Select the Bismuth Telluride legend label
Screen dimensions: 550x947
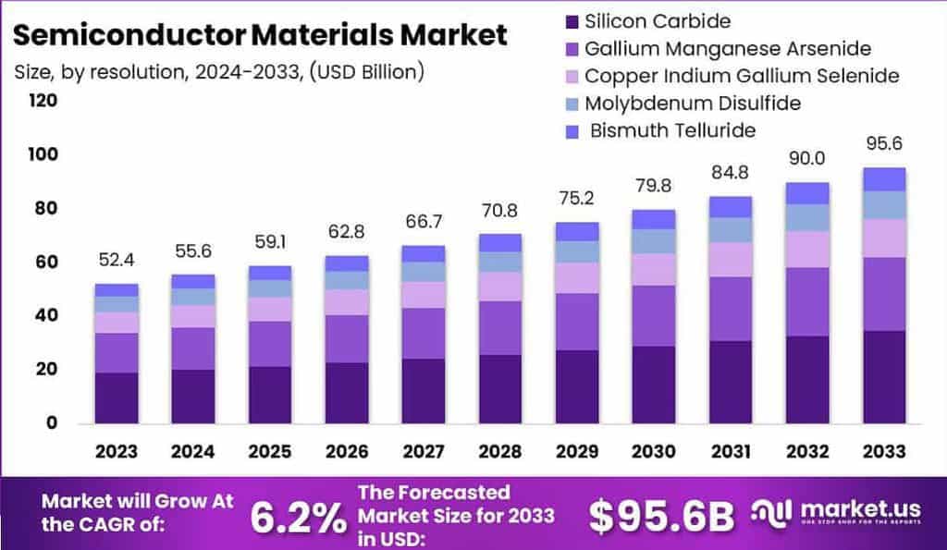(x=672, y=129)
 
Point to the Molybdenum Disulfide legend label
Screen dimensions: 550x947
(x=693, y=103)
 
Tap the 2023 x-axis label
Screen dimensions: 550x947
(x=116, y=451)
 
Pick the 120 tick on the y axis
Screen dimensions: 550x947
(x=43, y=100)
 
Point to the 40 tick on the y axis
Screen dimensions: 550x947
(x=46, y=315)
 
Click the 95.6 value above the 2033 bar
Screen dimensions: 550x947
(x=883, y=144)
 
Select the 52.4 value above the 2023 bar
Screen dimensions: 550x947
(x=116, y=262)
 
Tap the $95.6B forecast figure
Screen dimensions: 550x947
(x=660, y=517)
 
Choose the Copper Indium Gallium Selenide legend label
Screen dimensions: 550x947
(x=742, y=75)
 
